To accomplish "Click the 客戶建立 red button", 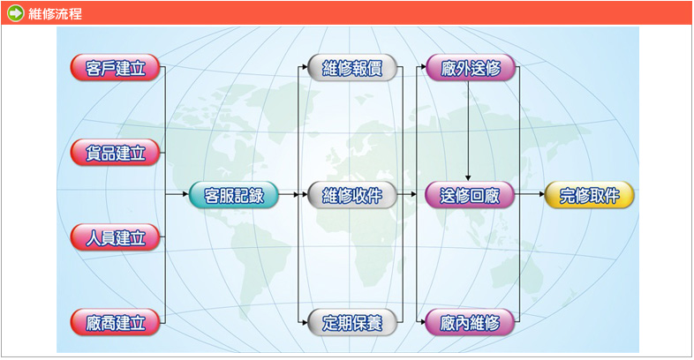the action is [x=115, y=68].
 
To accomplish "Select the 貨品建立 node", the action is [x=115, y=153].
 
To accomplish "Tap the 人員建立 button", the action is [x=115, y=237].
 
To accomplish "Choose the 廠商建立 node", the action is [x=115, y=322].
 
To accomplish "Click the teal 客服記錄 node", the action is [x=234, y=195].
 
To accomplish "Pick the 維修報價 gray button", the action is [x=352, y=68].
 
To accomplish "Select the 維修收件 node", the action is [x=352, y=195].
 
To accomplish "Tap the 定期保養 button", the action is [x=352, y=322].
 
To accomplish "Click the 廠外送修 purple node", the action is [x=470, y=68].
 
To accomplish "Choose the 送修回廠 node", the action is [x=470, y=195].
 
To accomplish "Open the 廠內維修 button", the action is [x=470, y=322].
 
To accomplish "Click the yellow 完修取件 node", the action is [x=589, y=195].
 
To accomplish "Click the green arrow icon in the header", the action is [x=16, y=13].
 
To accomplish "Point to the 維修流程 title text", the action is [x=56, y=14].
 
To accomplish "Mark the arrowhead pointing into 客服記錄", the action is [x=185, y=194].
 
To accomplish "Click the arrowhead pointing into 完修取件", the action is [x=541, y=194].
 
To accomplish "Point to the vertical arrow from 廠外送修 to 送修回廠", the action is [x=468, y=131].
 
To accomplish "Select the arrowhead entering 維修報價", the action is [x=304, y=67].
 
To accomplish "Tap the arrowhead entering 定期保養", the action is [x=304, y=323].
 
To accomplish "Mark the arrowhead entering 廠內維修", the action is [x=422, y=323].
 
